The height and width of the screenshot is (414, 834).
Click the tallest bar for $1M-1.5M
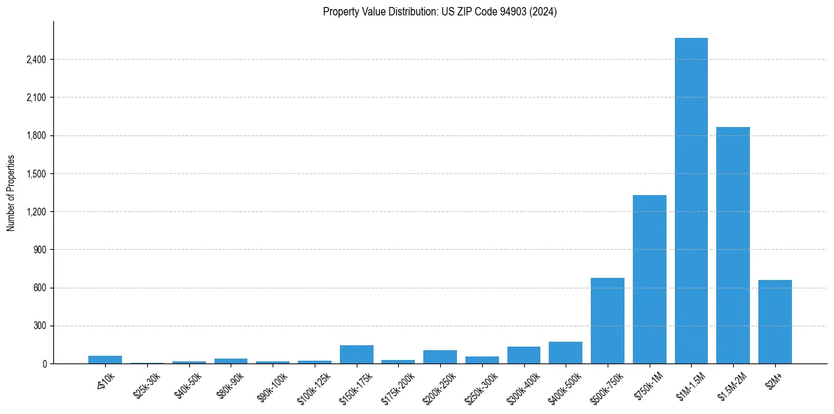click(691, 201)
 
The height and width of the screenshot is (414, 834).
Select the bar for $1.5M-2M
click(733, 246)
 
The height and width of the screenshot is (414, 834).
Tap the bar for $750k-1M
click(649, 279)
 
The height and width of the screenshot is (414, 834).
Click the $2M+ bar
click(775, 322)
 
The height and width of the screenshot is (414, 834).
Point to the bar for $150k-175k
click(357, 354)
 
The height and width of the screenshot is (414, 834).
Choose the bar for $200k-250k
click(440, 356)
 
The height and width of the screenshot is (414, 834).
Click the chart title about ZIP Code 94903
click(440, 12)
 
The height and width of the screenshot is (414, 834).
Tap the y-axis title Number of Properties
click(11, 193)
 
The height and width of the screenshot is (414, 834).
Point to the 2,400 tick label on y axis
click(36, 60)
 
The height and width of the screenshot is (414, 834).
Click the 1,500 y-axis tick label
click(36, 174)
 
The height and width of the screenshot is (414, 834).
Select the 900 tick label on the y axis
click(39, 250)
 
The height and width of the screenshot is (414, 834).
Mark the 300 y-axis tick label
click(39, 326)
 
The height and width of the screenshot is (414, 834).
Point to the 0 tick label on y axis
click(43, 364)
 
